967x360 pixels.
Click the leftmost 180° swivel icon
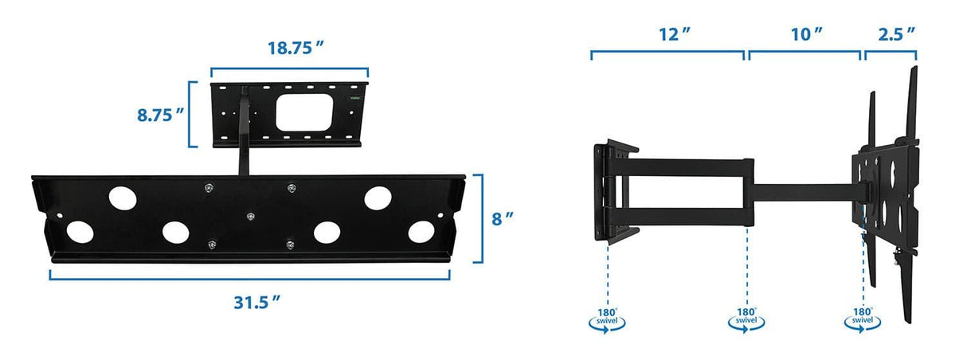pos(608,319)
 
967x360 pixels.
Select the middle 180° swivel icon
pos(746,319)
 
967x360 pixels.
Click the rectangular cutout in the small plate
pos(303,112)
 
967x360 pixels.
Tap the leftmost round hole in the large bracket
pos(79,232)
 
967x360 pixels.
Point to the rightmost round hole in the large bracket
pos(421,232)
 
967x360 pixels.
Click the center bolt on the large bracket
pos(251,216)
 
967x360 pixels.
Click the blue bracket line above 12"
pos(668,53)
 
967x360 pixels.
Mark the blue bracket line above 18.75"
pos(289,68)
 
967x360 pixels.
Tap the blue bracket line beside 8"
pos(481,218)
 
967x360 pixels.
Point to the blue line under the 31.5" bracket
pos(250,278)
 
